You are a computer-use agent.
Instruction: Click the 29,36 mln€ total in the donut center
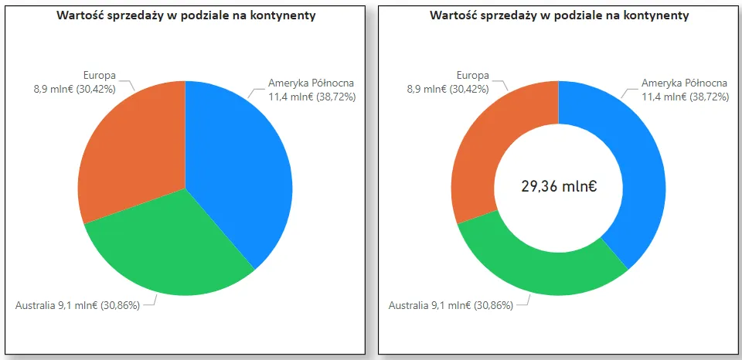coord(558,185)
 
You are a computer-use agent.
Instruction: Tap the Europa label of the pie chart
coord(99,75)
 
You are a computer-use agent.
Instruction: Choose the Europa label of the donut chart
coord(472,75)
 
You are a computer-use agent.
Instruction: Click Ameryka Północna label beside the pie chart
coord(310,83)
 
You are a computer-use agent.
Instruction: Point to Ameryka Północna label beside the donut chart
coord(684,83)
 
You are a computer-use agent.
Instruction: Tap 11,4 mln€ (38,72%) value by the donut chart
coord(685,97)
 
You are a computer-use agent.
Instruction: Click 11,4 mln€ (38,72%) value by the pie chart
coord(311,97)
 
